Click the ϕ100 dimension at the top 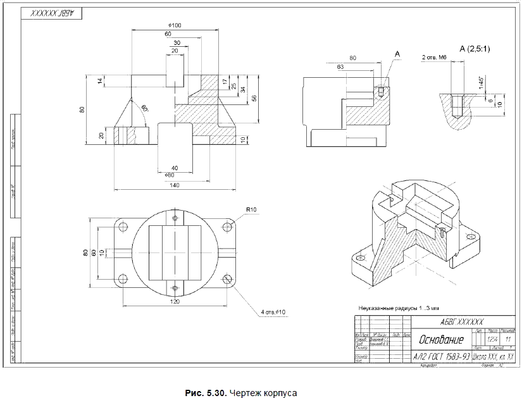(x=176, y=25)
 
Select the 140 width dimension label (x=175, y=185)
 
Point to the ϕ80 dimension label (x=169, y=174)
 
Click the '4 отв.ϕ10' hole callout (x=273, y=312)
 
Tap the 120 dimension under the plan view (x=175, y=302)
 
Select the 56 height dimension (x=254, y=97)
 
